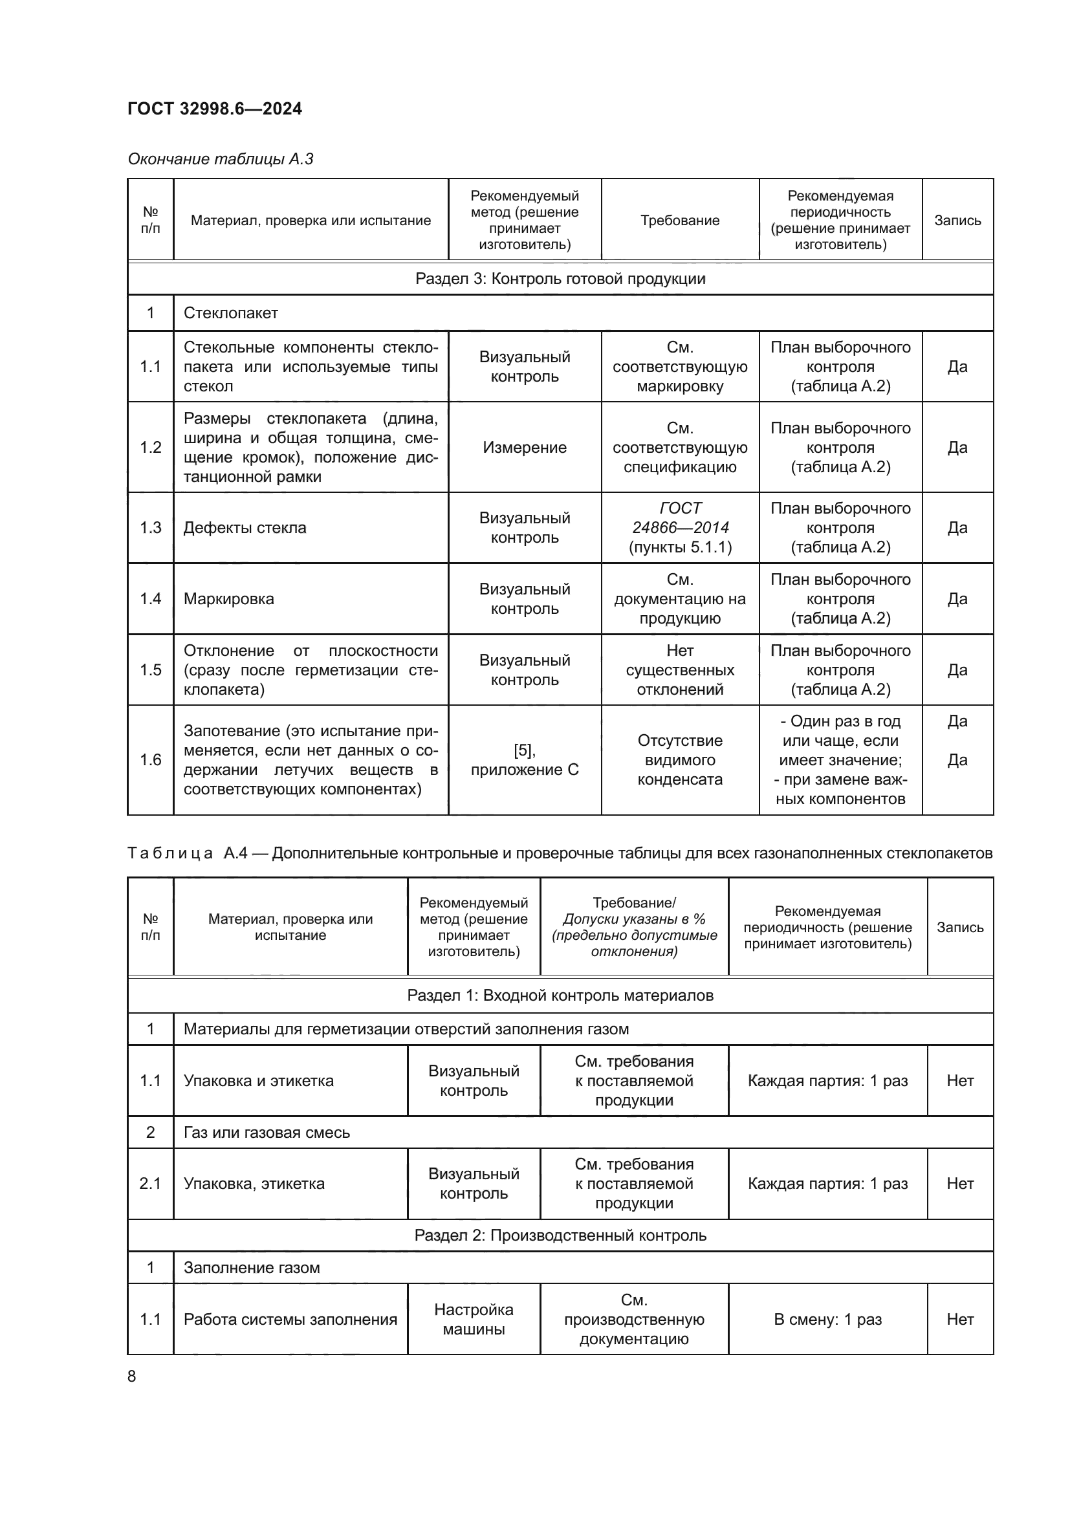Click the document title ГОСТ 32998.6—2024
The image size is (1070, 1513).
point(215,109)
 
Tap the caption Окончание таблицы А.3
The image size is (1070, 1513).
point(220,159)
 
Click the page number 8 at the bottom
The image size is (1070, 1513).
point(132,1376)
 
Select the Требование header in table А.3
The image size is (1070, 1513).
point(680,220)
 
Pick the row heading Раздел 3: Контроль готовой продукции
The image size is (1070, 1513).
point(560,279)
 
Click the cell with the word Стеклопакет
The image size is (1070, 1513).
point(230,313)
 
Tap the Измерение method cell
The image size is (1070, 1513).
point(525,448)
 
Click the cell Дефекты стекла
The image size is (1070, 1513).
point(245,528)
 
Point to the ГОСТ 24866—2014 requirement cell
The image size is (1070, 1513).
point(680,527)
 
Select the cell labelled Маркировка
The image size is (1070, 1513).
point(228,599)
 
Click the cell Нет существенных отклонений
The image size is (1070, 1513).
point(680,669)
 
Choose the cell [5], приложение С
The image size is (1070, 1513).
point(525,760)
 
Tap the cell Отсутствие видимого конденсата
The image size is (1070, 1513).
point(680,760)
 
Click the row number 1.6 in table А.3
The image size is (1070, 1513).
point(150,760)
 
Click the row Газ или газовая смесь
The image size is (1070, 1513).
point(266,1132)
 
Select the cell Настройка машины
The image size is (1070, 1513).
point(474,1319)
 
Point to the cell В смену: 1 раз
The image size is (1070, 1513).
point(827,1319)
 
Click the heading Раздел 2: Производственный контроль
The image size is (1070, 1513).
point(560,1235)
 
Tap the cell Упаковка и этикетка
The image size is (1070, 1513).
point(258,1081)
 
